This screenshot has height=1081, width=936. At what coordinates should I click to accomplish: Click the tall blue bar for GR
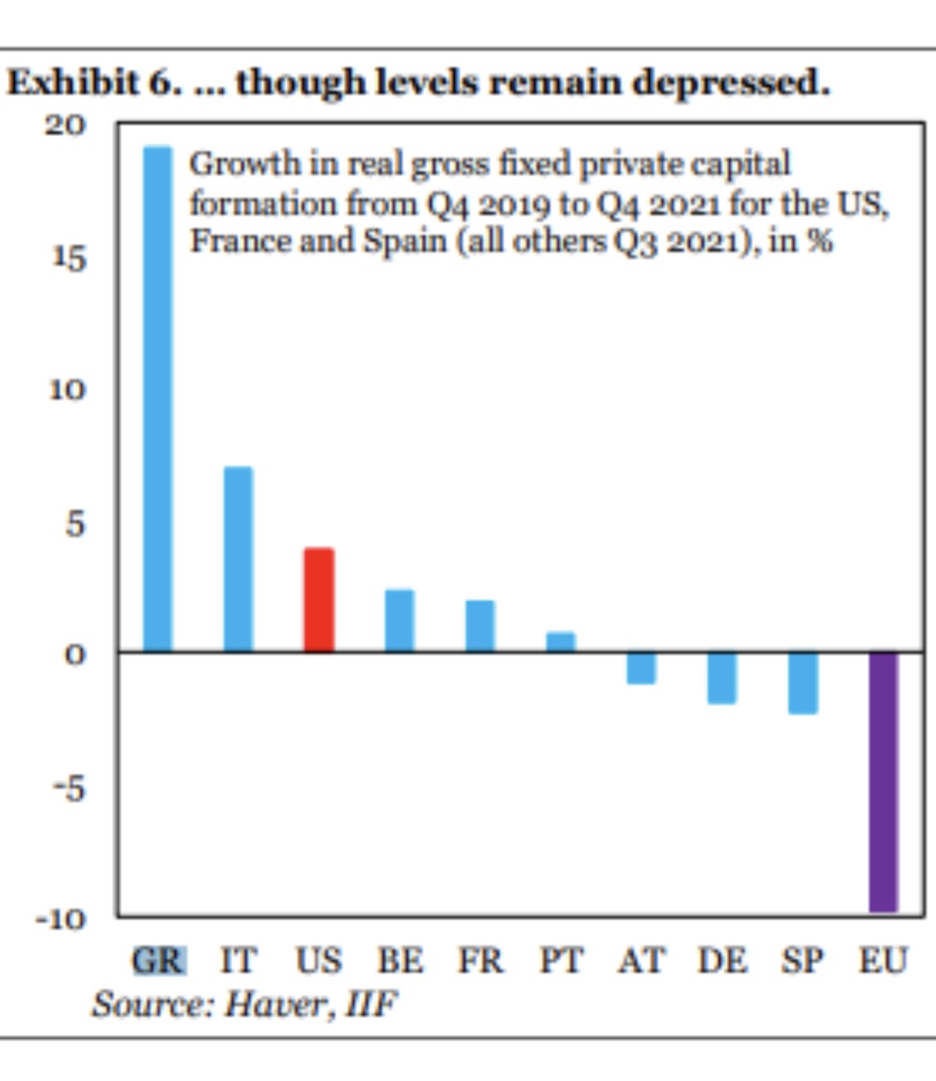tap(158, 399)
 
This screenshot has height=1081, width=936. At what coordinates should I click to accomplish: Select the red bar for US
tap(319, 599)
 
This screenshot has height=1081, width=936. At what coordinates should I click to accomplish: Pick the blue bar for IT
tap(238, 559)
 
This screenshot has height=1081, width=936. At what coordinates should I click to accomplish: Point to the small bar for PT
tap(561, 642)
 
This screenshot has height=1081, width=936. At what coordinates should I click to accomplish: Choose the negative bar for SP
tap(803, 682)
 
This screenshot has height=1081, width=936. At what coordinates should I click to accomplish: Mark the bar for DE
tap(722, 677)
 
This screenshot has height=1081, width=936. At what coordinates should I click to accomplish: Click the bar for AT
tap(641, 668)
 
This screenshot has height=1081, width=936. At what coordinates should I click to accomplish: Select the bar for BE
tap(399, 620)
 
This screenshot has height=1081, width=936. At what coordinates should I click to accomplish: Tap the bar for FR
tap(480, 625)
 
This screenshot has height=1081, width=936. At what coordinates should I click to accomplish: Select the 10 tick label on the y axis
tap(66, 390)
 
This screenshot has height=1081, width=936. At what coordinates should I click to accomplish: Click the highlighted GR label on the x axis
tap(158, 961)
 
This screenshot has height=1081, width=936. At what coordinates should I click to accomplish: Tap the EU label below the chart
tap(883, 961)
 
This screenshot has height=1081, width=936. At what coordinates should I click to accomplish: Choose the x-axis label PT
tap(561, 961)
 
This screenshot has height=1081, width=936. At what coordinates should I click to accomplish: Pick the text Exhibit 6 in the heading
tap(91, 83)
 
